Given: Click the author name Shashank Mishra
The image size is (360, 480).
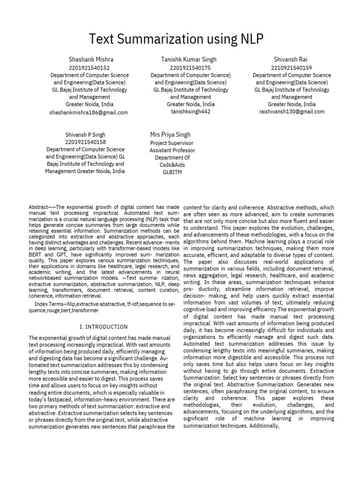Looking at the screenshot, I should [x=91, y=60].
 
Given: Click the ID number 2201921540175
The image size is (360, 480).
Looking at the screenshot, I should [x=190, y=67].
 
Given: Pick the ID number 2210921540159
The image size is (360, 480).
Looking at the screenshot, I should [x=292, y=67].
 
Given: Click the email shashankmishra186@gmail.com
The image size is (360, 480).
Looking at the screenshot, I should [x=88, y=112].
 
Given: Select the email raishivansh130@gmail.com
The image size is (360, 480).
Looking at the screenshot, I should [x=292, y=112].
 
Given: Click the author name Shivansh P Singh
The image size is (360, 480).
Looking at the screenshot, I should [x=85, y=135].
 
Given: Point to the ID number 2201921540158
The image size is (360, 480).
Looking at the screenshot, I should [x=85, y=142].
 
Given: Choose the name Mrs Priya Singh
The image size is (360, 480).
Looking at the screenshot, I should [x=170, y=135].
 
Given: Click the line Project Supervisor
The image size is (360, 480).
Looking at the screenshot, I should [x=172, y=143].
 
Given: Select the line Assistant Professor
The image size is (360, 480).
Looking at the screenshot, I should [x=172, y=150].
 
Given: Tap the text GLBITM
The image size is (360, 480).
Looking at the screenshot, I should [x=172, y=172].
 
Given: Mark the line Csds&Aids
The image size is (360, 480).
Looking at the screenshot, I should [x=172, y=165].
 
